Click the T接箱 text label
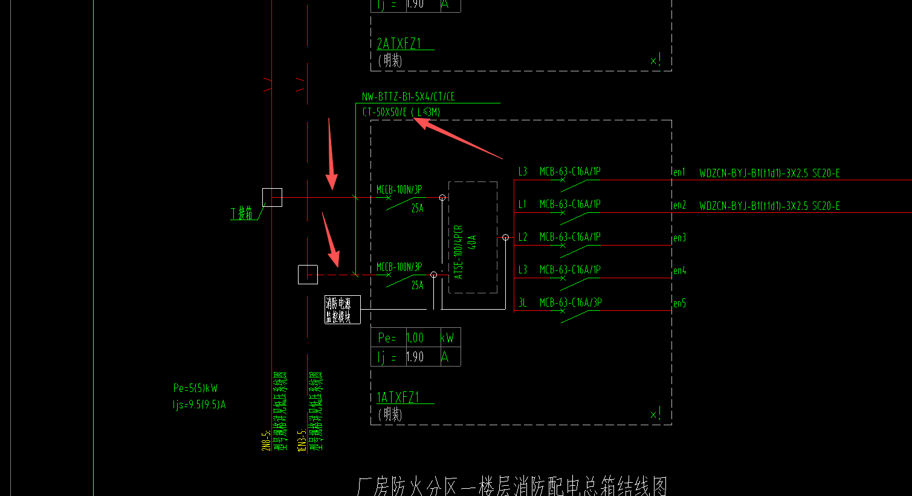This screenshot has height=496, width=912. tap(241, 214)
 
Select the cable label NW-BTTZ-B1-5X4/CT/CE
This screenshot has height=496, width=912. tap(408, 97)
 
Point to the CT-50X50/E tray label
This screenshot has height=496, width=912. tap(384, 112)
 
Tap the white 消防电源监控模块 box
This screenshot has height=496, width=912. tap(342, 310)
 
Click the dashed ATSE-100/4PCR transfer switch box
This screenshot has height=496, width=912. tap(473, 237)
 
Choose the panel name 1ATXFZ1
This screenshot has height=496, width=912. tap(398, 397)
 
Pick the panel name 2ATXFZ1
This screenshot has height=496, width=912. tap(398, 44)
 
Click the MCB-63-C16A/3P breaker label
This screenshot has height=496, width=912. tap(570, 302)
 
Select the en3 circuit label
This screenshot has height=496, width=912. tap(679, 238)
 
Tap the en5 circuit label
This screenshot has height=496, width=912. tap(679, 304)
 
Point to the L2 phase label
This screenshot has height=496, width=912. tap(523, 237)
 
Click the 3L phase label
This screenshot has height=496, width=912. tap(523, 302)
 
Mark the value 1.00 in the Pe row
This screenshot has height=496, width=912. tap(415, 338)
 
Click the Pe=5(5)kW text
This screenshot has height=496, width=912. tap(195, 388)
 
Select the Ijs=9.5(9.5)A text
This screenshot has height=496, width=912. tap(199, 405)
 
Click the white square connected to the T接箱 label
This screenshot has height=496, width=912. tap(272, 197)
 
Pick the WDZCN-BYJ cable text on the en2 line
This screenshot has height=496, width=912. tap(769, 206)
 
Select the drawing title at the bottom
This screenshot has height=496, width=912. tap(512, 486)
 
